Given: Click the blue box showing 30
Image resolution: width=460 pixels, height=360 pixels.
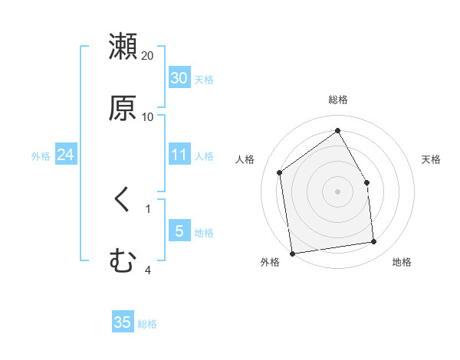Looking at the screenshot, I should pyautogui.click(x=179, y=78).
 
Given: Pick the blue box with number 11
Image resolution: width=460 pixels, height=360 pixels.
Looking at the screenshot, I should pyautogui.click(x=179, y=155).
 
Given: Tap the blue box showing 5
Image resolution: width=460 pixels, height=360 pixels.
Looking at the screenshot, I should pyautogui.click(x=179, y=231).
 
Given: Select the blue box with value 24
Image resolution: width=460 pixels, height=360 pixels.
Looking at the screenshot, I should pyautogui.click(x=65, y=155).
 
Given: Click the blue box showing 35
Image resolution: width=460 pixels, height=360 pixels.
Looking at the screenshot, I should pyautogui.click(x=123, y=322).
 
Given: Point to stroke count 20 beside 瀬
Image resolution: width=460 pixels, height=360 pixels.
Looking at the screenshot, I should pyautogui.click(x=148, y=56).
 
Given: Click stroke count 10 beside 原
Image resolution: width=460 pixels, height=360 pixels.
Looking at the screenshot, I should pyautogui.click(x=148, y=117).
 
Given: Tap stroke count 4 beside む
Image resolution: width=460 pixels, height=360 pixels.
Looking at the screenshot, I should pyautogui.click(x=148, y=269).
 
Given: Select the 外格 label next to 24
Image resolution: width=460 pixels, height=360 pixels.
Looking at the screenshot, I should pyautogui.click(x=41, y=156).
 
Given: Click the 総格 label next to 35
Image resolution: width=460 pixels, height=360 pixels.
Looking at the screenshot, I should pyautogui.click(x=147, y=323).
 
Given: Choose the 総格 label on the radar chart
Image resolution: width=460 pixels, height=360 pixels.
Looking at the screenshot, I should pyautogui.click(x=338, y=100).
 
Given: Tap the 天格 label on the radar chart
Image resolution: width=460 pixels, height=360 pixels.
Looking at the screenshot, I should pyautogui.click(x=431, y=159).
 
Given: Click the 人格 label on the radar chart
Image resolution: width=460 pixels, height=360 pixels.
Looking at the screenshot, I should pyautogui.click(x=245, y=159).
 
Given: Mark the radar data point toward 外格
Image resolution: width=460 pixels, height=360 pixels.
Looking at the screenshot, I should pyautogui.click(x=292, y=254).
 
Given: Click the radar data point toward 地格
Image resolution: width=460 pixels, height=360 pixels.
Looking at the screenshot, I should pyautogui.click(x=374, y=242).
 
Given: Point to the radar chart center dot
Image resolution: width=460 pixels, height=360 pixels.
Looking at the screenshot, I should pyautogui.click(x=338, y=191).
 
